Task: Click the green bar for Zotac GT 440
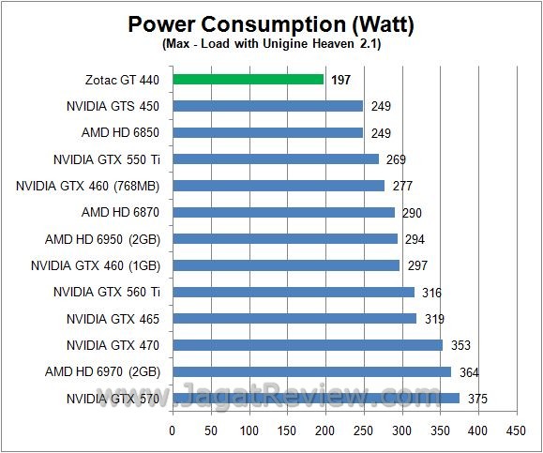pyautogui.click(x=249, y=80)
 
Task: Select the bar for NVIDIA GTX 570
pyautogui.click(x=316, y=398)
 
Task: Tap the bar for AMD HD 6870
pyautogui.click(x=283, y=212)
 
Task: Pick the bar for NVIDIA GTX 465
pyautogui.click(x=294, y=318)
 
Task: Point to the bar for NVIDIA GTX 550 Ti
pyautogui.click(x=275, y=159)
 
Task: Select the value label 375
pyautogui.click(x=477, y=399)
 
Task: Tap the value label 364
pyautogui.click(x=468, y=372)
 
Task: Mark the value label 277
pyautogui.click(x=402, y=187)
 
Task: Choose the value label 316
pyautogui.click(x=432, y=293)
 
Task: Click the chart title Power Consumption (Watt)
pyautogui.click(x=271, y=23)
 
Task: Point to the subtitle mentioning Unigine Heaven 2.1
pyautogui.click(x=271, y=44)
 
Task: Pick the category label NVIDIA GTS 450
pyautogui.click(x=113, y=106)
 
